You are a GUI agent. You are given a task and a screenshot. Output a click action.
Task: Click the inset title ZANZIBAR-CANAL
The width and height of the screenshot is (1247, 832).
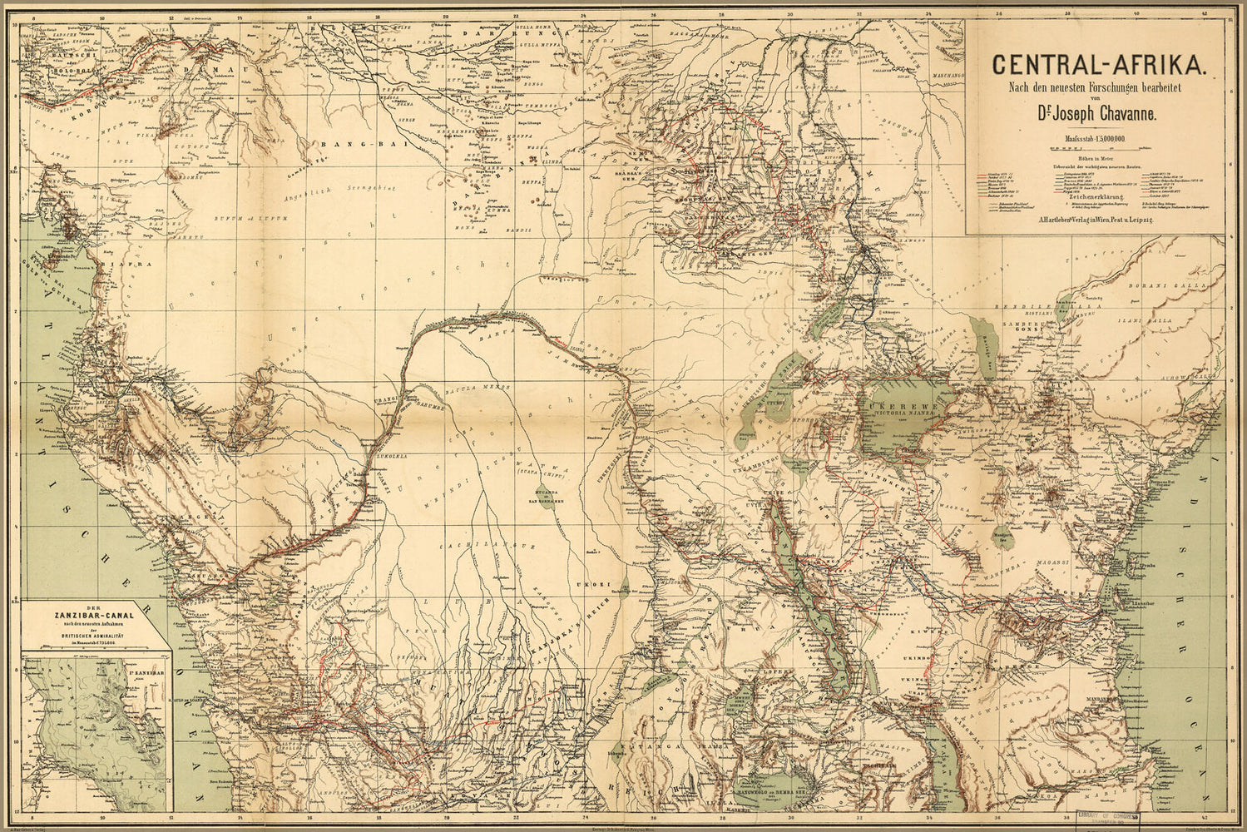click(94, 616)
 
